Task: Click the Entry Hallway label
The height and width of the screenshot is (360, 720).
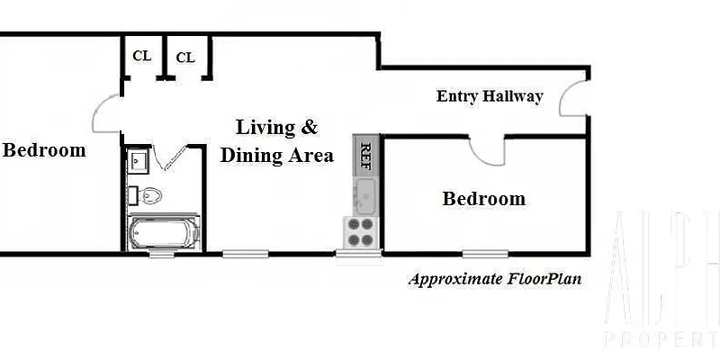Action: pos(490,96)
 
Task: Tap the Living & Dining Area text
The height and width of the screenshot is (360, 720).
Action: pos(276,141)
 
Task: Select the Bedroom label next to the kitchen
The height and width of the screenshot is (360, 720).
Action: pos(483,199)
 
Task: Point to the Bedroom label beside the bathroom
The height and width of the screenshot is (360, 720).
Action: pos(44,150)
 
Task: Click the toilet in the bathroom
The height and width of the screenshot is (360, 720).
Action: pos(148,193)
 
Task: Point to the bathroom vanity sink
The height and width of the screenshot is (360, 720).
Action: pos(138,161)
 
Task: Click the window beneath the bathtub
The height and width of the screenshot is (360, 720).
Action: pos(162,254)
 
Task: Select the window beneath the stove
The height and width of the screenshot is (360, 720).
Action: pos(359,254)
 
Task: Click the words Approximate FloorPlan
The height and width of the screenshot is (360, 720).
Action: pos(494,279)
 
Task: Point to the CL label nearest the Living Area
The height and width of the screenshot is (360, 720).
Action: pos(185,58)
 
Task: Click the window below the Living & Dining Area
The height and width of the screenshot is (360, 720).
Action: pos(241,254)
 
